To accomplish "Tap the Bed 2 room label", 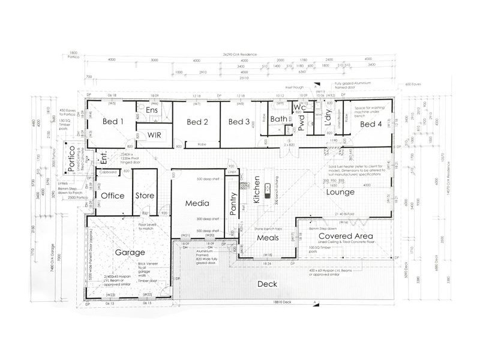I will [197, 122].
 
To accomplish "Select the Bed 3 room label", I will [238, 122].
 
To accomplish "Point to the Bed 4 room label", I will [370, 124].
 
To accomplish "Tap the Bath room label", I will [279, 119].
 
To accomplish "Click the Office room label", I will [113, 196].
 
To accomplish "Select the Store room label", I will [145, 196].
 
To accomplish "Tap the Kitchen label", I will [256, 190].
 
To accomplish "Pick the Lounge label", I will [340, 193].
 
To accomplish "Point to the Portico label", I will [71, 158].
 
